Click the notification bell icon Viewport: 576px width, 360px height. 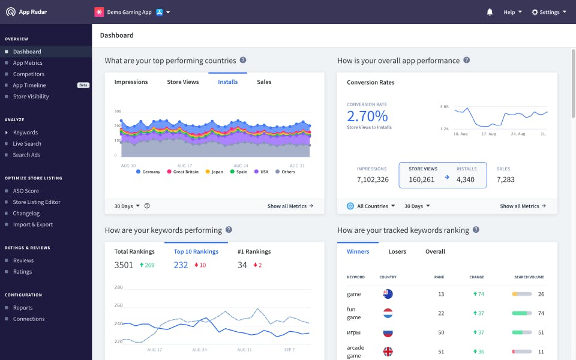pos(490,12)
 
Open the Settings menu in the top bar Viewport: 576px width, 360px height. pos(548,12)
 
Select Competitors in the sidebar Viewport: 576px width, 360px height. pos(29,74)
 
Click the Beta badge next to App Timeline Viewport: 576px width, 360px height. pos(83,85)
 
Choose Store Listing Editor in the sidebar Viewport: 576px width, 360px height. pos(37,202)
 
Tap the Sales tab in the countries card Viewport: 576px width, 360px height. pos(264,82)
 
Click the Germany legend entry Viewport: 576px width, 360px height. pos(148,172)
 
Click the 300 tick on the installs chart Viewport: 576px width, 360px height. pos(118,111)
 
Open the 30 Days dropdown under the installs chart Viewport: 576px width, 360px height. pos(127,206)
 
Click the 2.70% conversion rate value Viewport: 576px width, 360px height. pos(367,116)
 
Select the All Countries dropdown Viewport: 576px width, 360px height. pos(371,206)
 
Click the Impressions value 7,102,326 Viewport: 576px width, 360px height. pos(373,179)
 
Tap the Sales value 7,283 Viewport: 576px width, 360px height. pos(505,179)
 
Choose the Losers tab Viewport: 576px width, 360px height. pos(397,251)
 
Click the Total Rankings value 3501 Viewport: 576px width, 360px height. pos(124,265)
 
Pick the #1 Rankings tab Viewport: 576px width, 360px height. pos(254,251)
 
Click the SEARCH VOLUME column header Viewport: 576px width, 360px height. pos(529,277)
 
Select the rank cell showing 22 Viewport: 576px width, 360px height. pos(441,313)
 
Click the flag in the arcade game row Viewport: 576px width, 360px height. pos(388,352)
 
